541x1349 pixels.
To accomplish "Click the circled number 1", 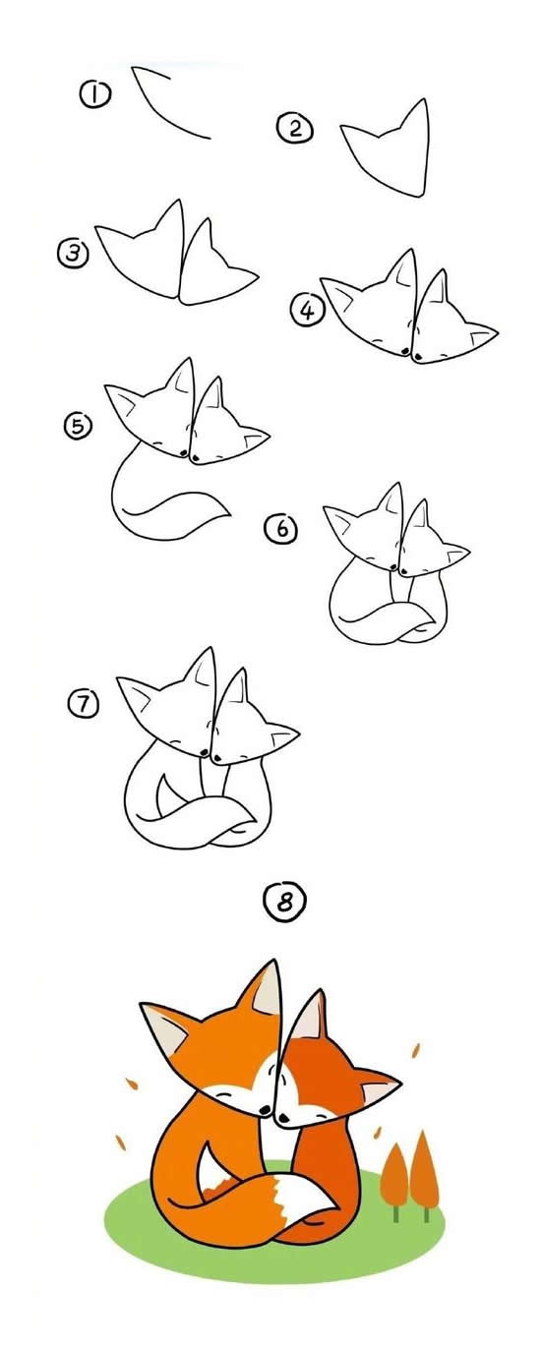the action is coord(95,94).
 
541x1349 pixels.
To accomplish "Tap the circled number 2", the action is coord(295,128).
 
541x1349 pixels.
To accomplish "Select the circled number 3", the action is coord(73,253).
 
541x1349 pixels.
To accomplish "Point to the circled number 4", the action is coord(307,311).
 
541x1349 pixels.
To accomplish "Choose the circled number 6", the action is coord(281,528).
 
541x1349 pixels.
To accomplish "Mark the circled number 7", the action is coord(84,703).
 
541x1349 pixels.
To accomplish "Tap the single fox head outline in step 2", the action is coord(386,149).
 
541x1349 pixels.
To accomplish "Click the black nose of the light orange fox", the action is coord(263,1109).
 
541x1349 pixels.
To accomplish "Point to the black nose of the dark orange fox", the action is coord(282,1118).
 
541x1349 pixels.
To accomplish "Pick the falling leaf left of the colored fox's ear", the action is coord(132,1084).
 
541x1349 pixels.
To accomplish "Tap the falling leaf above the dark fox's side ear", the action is coord(415,1050).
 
